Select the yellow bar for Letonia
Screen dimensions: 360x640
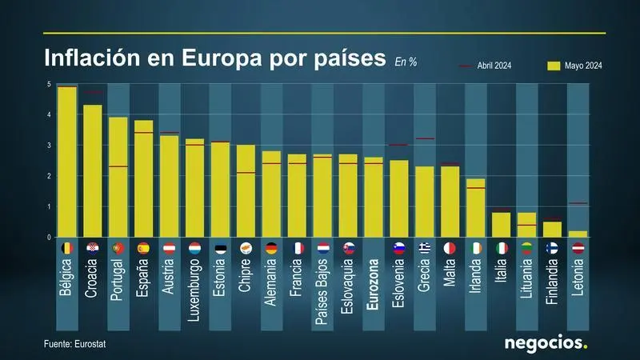point(578,234)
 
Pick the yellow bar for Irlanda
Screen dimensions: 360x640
point(476,208)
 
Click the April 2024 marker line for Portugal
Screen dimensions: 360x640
point(118,166)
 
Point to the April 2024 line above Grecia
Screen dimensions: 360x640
point(425,139)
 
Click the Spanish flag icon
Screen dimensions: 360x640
point(144,248)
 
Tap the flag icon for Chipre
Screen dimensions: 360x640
point(246,248)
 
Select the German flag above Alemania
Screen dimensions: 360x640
point(272,248)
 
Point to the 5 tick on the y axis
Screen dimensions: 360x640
point(50,84)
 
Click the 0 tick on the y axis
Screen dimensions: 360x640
point(50,238)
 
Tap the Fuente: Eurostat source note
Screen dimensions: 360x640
point(75,343)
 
